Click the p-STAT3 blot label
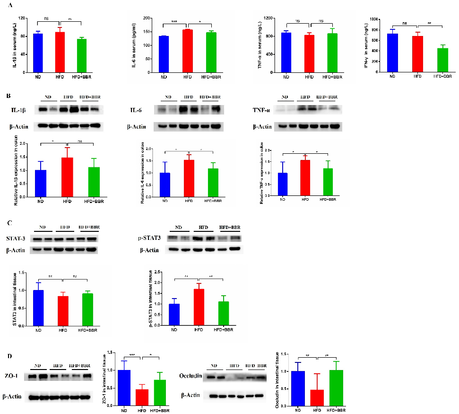147,238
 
